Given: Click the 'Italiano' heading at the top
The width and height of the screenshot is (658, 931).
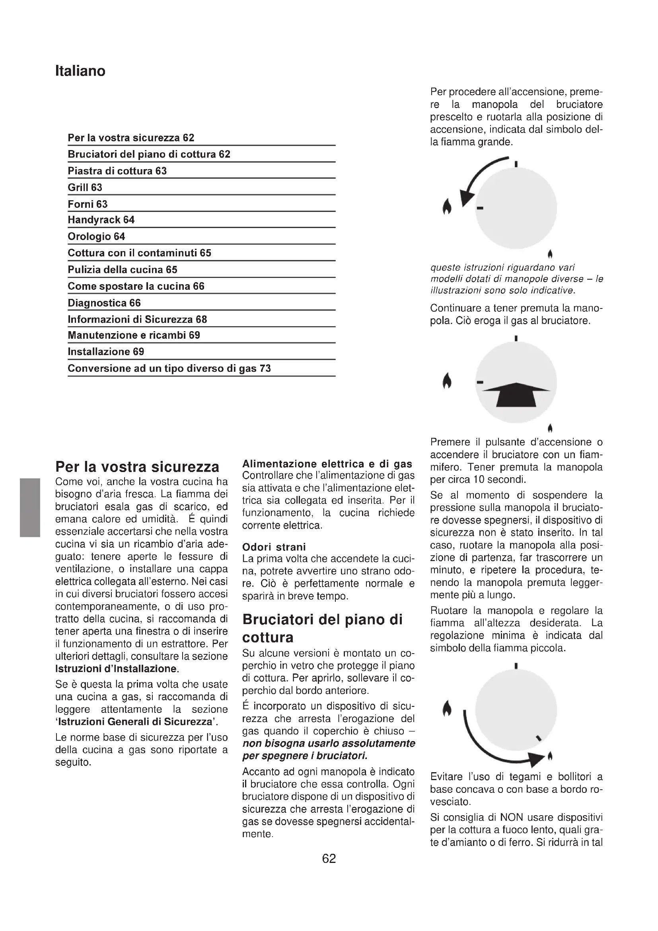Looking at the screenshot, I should (80, 71).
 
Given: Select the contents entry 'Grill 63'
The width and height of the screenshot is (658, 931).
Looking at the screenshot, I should (85, 187).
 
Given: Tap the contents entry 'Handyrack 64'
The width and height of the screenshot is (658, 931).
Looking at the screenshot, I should (101, 220).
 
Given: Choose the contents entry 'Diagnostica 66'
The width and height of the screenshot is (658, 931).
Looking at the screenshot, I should (104, 303).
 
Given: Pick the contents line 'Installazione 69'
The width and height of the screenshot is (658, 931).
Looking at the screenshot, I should (106, 351).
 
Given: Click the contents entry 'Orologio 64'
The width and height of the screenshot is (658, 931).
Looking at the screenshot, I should (96, 236).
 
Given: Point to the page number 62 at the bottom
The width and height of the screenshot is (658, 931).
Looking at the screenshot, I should (329, 859).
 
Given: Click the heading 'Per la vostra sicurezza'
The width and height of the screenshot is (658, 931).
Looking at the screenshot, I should (137, 467).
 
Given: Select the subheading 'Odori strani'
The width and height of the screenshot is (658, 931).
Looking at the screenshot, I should (274, 547).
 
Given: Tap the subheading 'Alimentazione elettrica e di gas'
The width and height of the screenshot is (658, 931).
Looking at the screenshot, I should (327, 464).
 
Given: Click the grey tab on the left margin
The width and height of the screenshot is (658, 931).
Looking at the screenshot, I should (29, 507).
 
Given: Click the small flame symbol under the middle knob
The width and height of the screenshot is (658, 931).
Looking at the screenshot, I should (550, 428).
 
